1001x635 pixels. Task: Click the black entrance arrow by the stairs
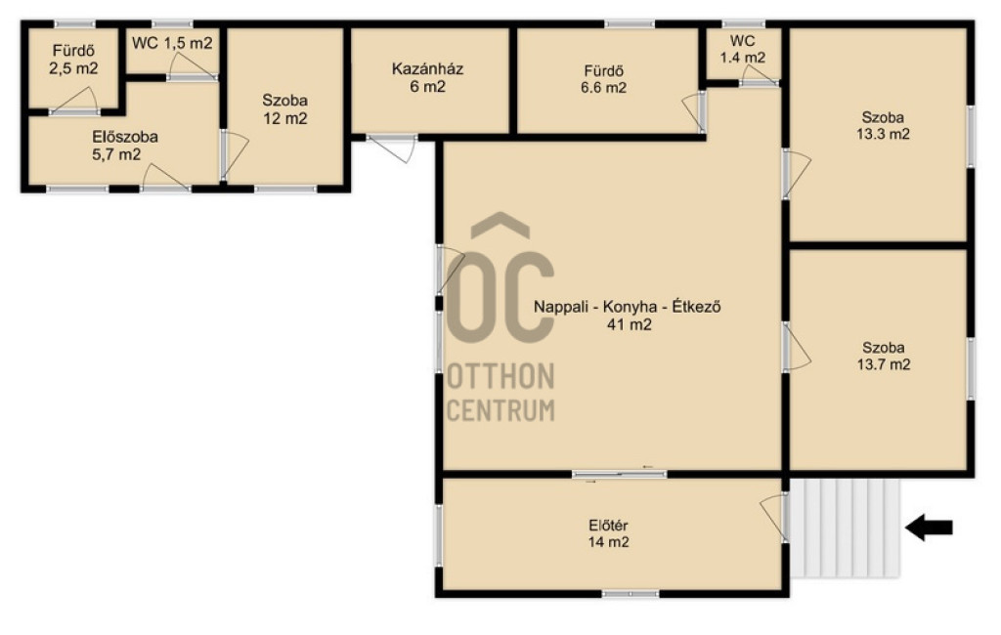pos(929,528)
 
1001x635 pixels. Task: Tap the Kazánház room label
pos(427,69)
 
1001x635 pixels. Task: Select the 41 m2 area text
pos(629,325)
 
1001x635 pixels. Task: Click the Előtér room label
pos(608,526)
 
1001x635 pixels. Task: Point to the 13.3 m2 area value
pos(883,135)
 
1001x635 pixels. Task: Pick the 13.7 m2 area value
pos(884,365)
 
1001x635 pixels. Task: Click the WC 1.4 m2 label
pos(743,49)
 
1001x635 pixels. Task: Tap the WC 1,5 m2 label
pos(172,43)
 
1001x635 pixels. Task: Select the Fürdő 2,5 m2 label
pos(74,60)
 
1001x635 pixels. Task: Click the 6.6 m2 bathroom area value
pos(603,88)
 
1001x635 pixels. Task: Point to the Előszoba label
pos(125,137)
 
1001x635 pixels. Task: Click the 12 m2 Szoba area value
pos(285,119)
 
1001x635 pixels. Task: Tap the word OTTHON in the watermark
pos(500,376)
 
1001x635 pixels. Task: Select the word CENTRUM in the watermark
pos(500,409)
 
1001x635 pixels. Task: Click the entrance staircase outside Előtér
pos(846,529)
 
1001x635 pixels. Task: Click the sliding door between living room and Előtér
pos(619,474)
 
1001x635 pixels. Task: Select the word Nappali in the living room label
pos(557,307)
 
